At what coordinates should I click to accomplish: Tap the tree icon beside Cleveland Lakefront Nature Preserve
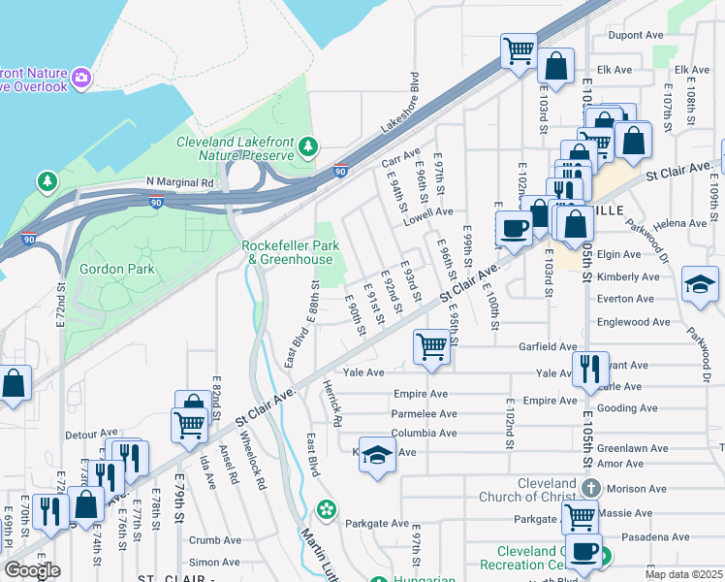[x=308, y=147]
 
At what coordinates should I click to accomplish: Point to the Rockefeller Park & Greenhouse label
[x=291, y=252]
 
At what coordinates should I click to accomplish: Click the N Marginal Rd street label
[x=180, y=182]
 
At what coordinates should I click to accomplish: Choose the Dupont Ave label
[x=634, y=35]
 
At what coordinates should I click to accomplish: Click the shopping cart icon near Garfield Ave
[x=431, y=346]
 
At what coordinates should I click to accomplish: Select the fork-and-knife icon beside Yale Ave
[x=589, y=369]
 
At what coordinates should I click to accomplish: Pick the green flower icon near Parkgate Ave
[x=328, y=508]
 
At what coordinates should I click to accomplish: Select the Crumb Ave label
[x=215, y=540]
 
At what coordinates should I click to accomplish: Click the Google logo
[x=31, y=570]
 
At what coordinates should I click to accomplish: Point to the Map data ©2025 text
[x=682, y=574]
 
